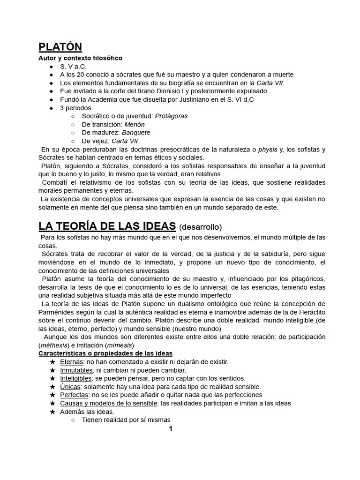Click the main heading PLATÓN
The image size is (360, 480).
coord(60,47)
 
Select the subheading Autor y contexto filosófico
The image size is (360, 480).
coord(80,58)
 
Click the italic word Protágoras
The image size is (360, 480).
coord(171,116)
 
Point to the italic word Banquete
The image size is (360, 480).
coord(136,133)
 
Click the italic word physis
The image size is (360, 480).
coord(268,150)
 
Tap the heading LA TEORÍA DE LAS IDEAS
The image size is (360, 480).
coord(107,226)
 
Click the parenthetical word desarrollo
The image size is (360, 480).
coord(201,227)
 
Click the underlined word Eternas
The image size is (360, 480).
coord(72,362)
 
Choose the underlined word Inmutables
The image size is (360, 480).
coord(76,370)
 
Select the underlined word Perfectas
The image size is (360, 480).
coord(75,395)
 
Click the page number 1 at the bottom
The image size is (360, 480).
coord(171,428)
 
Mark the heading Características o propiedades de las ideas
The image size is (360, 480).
coord(105,353)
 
